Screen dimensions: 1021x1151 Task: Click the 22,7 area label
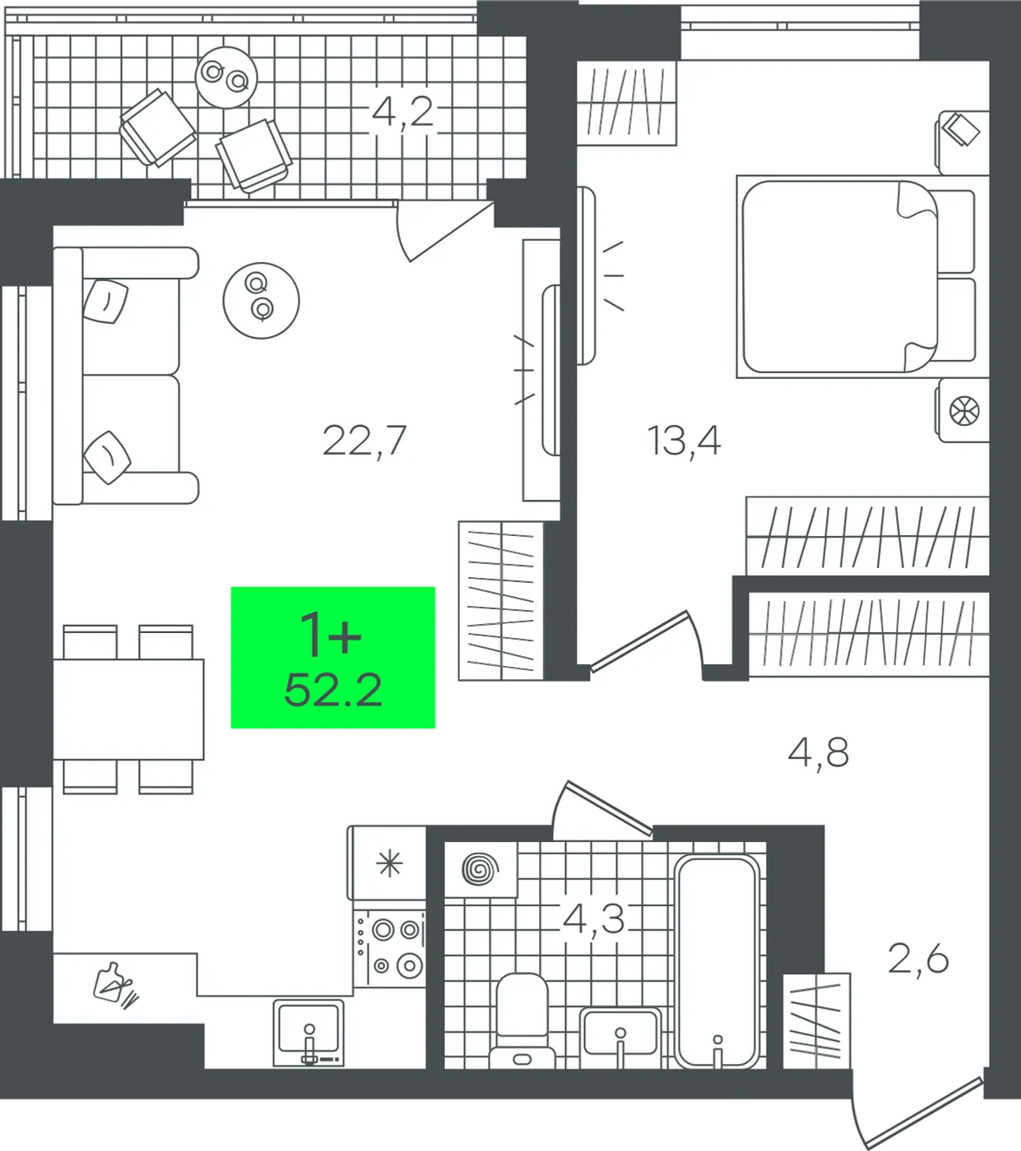click(x=364, y=441)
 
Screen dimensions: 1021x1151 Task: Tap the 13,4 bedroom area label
click(x=684, y=441)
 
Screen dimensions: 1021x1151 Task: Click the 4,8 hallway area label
click(x=818, y=754)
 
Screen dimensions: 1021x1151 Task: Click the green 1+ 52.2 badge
click(x=333, y=658)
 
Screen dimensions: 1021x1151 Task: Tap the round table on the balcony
click(x=226, y=77)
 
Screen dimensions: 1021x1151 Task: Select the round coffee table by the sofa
click(x=262, y=301)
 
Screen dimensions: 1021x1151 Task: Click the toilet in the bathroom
click(x=522, y=1023)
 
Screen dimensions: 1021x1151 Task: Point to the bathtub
click(x=717, y=962)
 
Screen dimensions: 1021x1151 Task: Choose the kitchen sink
click(x=309, y=1033)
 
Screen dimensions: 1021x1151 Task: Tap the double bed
click(x=856, y=276)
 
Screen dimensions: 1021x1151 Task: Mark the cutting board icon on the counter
click(x=116, y=987)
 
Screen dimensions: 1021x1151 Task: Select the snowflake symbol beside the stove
click(x=389, y=864)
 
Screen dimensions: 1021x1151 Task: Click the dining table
click(x=128, y=709)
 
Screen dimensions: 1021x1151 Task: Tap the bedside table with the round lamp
click(x=964, y=409)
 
